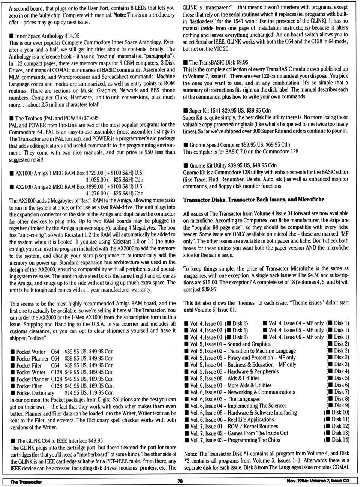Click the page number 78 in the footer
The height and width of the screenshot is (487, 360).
click(180, 481)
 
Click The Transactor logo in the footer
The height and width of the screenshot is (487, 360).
click(26, 482)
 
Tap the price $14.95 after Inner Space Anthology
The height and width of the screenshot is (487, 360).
click(72, 36)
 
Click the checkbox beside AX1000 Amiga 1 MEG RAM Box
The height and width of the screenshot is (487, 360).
click(12, 173)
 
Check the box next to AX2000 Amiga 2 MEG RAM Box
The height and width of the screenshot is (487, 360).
click(12, 186)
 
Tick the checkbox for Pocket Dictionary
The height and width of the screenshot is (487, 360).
click(13, 393)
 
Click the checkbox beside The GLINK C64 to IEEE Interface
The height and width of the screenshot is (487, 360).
click(13, 441)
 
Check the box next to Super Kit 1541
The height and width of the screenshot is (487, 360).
click(186, 111)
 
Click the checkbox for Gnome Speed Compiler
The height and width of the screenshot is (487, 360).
click(186, 145)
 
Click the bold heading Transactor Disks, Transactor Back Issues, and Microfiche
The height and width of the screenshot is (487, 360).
click(253, 200)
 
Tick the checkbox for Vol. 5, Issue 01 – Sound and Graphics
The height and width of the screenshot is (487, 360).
click(186, 344)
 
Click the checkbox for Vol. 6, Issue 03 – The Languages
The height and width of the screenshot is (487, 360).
click(186, 399)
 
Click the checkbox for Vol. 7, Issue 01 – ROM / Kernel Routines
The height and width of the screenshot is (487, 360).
click(186, 427)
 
